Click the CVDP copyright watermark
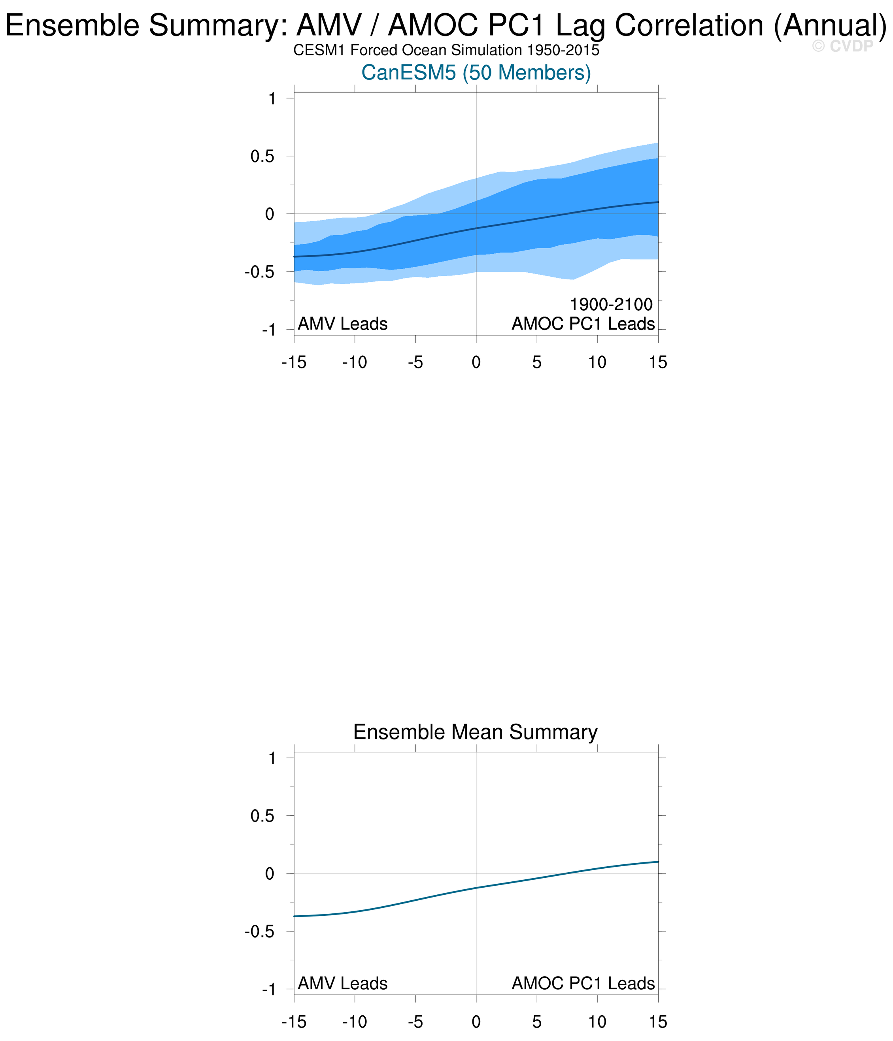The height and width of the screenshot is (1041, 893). click(x=843, y=47)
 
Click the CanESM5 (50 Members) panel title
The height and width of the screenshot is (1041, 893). click(x=476, y=73)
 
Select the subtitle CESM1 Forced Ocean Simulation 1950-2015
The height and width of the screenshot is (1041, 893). click(x=446, y=51)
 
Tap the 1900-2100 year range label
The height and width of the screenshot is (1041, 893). click(x=611, y=304)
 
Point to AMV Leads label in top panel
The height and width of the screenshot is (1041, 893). click(x=343, y=324)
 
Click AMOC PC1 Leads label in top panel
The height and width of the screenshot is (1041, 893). click(x=583, y=324)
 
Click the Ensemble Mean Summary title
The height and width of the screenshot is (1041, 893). click(x=476, y=732)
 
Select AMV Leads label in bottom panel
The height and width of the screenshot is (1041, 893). click(x=343, y=983)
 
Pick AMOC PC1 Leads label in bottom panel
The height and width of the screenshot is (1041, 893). click(x=583, y=983)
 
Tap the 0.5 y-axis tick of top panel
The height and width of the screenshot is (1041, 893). click(x=263, y=156)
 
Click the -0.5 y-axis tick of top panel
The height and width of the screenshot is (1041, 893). click(x=260, y=272)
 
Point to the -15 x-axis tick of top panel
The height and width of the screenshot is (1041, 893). click(x=294, y=362)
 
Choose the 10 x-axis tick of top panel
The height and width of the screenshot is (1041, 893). click(x=598, y=362)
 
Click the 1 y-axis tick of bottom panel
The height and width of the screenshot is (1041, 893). click(x=272, y=758)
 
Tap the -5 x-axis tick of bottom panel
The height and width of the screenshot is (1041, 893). click(x=415, y=1022)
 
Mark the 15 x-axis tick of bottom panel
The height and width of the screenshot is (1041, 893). click(x=658, y=1022)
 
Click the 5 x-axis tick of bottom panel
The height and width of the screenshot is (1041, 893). click(x=537, y=1022)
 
